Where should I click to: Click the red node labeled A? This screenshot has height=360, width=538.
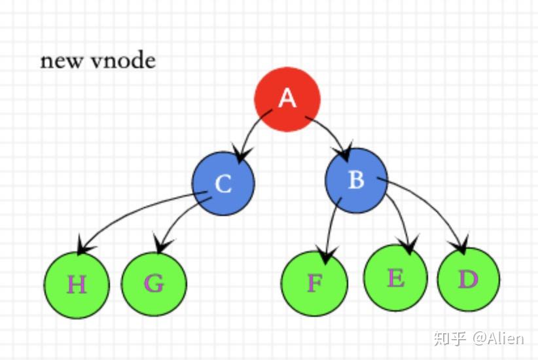(x=287, y=99)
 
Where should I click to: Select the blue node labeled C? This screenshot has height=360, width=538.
(x=223, y=183)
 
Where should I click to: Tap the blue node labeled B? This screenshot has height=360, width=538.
(x=356, y=180)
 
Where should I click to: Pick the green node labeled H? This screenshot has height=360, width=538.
(x=77, y=285)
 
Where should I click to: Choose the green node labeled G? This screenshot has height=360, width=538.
(x=154, y=283)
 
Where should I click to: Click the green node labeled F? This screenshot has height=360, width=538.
(x=314, y=283)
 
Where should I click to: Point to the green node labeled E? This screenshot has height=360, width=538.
(x=395, y=278)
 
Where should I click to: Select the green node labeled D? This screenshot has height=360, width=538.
(x=468, y=280)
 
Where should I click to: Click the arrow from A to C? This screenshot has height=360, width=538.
(x=252, y=131)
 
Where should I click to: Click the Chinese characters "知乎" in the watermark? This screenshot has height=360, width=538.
(x=450, y=338)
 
